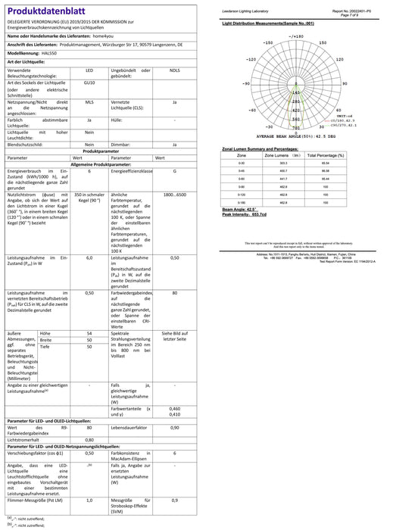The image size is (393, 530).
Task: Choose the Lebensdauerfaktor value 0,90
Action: click(x=175, y=428)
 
